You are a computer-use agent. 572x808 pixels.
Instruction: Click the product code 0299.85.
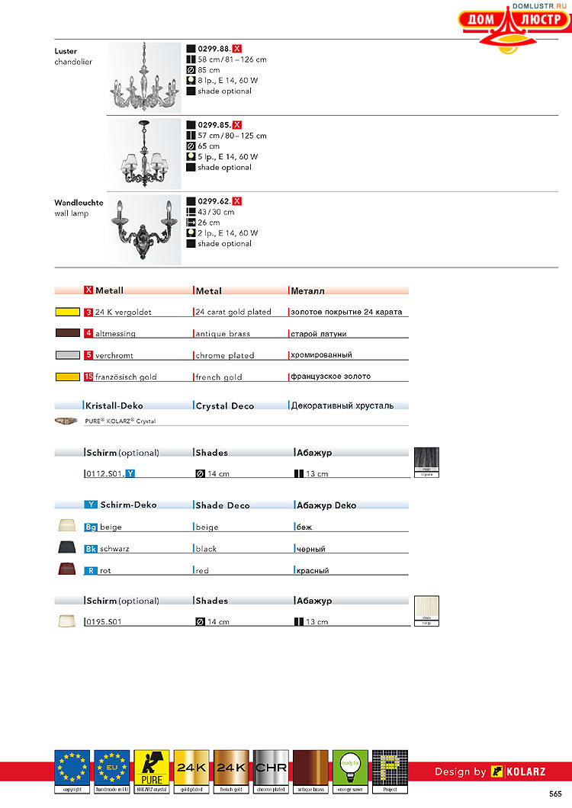click(x=214, y=125)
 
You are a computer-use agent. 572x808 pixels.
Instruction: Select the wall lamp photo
click(x=145, y=229)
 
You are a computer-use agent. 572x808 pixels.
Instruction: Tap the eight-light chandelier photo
click(x=145, y=76)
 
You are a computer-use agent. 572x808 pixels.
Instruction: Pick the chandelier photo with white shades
click(x=145, y=153)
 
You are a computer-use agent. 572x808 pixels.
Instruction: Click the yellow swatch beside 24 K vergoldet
click(x=68, y=312)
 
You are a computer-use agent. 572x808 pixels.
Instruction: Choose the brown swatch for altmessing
click(x=68, y=333)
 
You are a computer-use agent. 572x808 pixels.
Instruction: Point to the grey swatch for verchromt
click(x=68, y=355)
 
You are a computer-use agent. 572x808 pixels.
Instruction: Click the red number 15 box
click(x=88, y=377)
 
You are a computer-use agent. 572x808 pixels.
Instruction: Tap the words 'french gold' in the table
click(x=219, y=377)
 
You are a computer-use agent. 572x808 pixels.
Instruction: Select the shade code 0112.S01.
click(x=104, y=474)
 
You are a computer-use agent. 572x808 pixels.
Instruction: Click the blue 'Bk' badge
click(x=91, y=549)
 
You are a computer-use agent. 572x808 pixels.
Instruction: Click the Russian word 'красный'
click(x=312, y=571)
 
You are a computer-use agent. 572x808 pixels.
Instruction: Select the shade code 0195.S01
click(x=104, y=622)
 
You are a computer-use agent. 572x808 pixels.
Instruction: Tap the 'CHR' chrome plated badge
click(x=271, y=771)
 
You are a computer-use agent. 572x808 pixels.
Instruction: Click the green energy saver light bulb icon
click(x=350, y=771)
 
